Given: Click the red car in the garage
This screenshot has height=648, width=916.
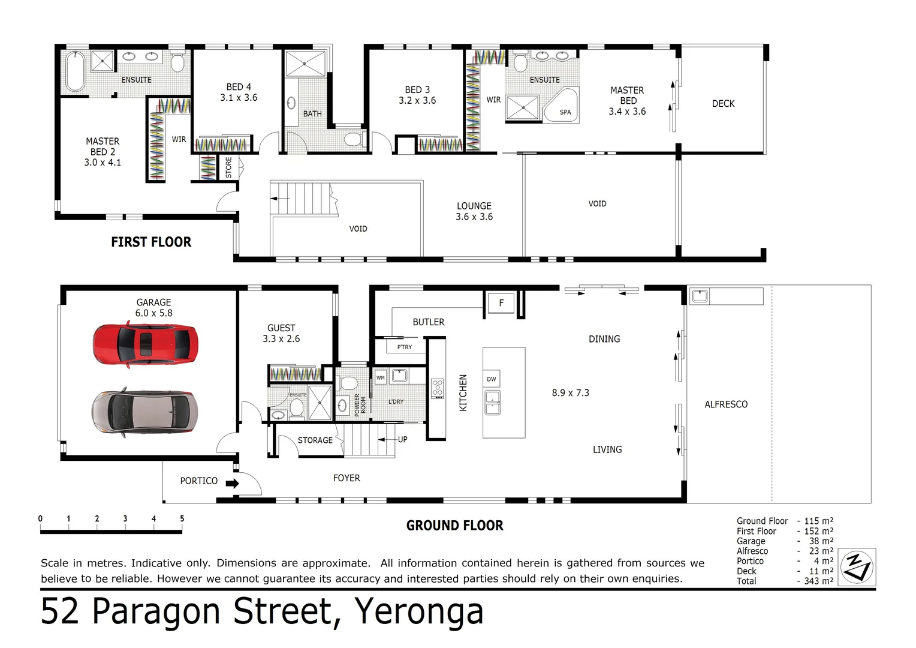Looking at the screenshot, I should [145, 344].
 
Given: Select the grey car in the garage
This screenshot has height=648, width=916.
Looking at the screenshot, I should [144, 411].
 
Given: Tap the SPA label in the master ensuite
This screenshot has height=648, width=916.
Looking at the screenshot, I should [565, 112].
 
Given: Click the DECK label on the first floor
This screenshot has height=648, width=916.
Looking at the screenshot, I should [723, 104].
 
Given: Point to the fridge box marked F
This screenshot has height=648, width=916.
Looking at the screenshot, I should [501, 303].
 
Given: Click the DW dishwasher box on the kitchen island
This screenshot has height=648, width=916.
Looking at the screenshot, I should [492, 379].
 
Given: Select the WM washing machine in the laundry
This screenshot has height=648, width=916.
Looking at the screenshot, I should [381, 378].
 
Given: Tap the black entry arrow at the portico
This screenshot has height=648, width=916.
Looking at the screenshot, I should [233, 483].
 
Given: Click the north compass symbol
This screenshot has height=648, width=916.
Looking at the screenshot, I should [857, 567].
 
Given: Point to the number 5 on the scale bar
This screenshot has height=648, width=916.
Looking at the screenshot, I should [182, 518].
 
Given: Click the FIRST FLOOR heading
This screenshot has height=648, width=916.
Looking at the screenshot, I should [151, 242].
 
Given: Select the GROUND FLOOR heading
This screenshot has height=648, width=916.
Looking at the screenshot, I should [454, 526].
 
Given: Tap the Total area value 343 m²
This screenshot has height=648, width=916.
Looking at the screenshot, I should [818, 581].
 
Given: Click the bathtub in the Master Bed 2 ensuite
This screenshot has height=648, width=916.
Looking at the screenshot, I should [75, 71].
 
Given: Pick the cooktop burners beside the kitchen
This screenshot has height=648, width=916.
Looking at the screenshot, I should [438, 389].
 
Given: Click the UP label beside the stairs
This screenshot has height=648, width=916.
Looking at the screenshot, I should [402, 439].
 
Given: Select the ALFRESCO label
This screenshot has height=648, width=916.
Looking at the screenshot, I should [726, 404].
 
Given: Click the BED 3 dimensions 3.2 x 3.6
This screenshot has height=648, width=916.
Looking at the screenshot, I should [417, 101].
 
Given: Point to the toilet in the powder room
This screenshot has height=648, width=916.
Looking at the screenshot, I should [347, 383].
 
